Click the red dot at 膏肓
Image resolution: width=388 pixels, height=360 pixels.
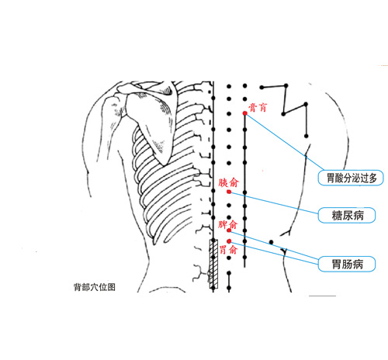[x=245, y=113]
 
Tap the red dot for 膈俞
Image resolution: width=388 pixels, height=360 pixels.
[x=229, y=192]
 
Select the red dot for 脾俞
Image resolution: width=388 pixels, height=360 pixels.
[x=229, y=230]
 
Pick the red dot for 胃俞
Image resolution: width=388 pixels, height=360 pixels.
[x=229, y=241]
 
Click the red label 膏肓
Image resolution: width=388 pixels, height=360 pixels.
[x=258, y=107]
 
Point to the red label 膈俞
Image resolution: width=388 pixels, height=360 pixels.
[x=228, y=182]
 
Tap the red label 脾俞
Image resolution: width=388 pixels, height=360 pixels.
[x=227, y=224]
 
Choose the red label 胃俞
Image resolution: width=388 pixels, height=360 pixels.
[x=228, y=250]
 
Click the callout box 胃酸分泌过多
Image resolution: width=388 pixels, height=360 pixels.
[x=351, y=178]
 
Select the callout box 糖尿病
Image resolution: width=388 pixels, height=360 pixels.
[x=347, y=215]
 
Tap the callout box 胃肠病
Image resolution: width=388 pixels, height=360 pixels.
[x=347, y=264]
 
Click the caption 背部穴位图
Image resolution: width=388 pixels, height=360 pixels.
[x=95, y=287]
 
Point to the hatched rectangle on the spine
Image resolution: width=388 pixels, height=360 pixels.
[x=213, y=264]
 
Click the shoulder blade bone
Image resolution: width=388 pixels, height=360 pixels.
[x=153, y=122]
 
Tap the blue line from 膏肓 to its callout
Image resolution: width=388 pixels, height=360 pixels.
[x=285, y=142]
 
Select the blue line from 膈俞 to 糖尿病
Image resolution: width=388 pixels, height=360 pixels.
[x=274, y=202]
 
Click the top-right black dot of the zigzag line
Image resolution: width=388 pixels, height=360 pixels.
[x=286, y=85]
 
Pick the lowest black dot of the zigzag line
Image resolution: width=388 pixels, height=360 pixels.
[x=307, y=136]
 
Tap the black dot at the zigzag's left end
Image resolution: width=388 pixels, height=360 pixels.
[x=262, y=88]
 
